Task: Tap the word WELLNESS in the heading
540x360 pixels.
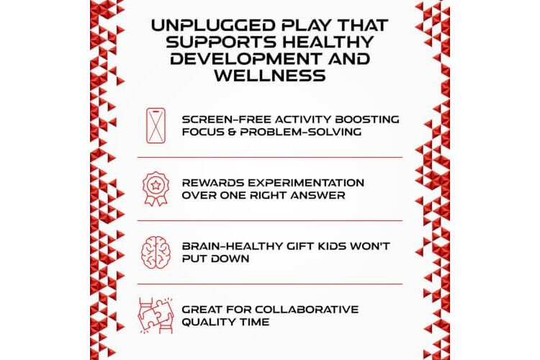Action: [270, 76]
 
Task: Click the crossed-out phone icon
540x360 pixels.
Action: [156, 125]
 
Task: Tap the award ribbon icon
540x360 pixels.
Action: [156, 189]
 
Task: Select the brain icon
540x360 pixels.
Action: [156, 252]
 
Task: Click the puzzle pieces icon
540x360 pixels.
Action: [156, 315]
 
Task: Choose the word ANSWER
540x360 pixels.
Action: [318, 195]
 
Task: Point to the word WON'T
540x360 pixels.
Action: [370, 246]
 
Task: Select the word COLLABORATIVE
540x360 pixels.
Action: [307, 310]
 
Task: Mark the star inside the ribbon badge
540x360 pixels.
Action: [156, 185]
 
